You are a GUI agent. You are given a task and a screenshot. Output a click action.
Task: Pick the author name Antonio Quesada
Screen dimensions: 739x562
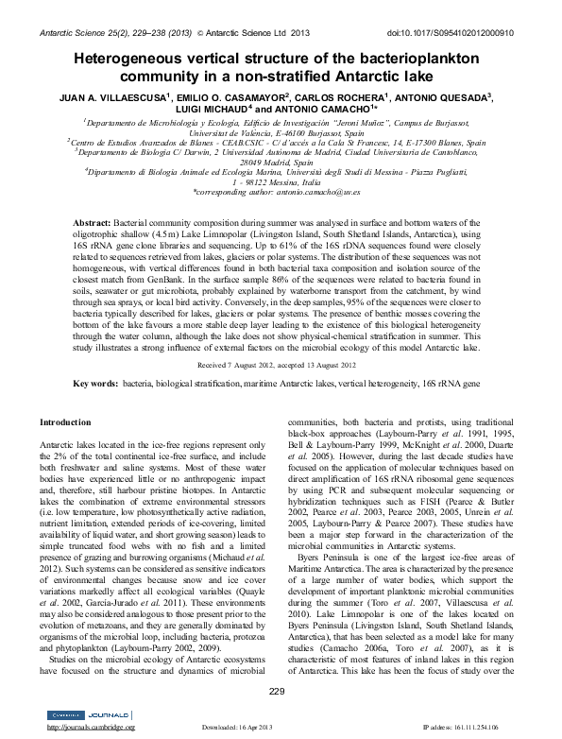click(x=469, y=96)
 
